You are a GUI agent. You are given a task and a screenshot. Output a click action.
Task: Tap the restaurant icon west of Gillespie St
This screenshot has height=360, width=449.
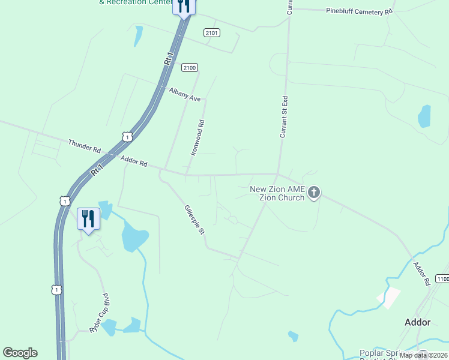(88, 218)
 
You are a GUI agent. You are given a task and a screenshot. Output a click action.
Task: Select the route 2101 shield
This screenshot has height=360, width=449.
(211, 32)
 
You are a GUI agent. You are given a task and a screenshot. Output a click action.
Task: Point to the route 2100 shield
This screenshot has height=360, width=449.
(190, 68)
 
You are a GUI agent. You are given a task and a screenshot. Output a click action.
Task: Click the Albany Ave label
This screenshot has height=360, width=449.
(185, 95)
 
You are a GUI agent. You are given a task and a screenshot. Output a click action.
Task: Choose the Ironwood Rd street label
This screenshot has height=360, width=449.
(198, 138)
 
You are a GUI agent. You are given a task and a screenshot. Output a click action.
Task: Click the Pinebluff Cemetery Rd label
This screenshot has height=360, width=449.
(359, 11)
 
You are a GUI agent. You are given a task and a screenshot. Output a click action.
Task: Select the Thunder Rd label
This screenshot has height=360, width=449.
(85, 146)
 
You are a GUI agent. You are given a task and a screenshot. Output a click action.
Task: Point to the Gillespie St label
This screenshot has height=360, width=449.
(194, 220)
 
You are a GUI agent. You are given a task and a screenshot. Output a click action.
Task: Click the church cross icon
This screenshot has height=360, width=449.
(313, 193)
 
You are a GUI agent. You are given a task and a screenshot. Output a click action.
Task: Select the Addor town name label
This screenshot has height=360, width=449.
(417, 322)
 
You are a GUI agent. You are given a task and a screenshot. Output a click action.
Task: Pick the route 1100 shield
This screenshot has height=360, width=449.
(442, 279)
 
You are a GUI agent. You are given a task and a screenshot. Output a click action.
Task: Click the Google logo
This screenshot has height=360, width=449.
(20, 353)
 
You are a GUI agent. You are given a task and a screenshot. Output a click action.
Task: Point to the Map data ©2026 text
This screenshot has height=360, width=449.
(423, 355)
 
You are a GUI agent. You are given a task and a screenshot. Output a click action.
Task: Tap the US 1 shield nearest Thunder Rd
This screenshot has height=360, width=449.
(127, 137)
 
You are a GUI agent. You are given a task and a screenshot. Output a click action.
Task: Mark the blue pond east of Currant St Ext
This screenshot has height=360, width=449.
(424, 116)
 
